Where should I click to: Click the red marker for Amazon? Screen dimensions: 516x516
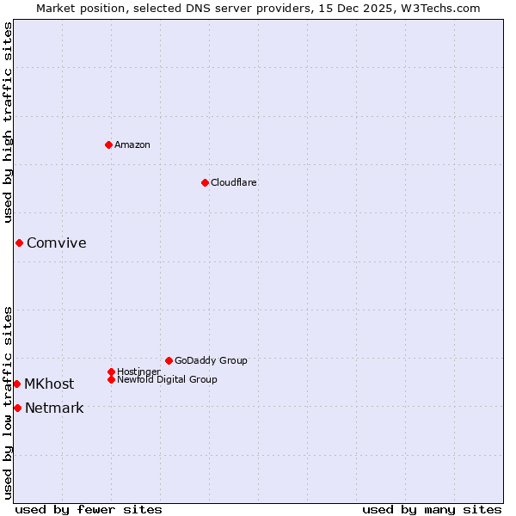(x=108, y=144)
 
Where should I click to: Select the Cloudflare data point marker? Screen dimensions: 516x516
(x=205, y=182)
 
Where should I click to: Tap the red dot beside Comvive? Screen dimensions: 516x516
(x=19, y=243)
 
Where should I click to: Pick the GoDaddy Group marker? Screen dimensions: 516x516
(x=169, y=360)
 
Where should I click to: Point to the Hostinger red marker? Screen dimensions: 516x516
(x=111, y=372)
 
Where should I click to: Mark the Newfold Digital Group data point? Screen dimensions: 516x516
(x=111, y=379)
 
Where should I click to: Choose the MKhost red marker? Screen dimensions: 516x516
(x=16, y=384)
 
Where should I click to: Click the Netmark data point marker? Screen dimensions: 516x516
(x=17, y=408)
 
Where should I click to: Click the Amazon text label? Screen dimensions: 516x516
(x=132, y=144)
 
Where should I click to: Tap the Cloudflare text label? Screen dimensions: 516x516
(x=233, y=182)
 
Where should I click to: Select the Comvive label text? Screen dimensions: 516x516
(x=56, y=243)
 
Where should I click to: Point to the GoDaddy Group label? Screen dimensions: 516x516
(x=211, y=360)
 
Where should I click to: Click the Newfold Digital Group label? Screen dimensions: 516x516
(x=167, y=379)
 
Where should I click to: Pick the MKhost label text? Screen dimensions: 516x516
(x=49, y=384)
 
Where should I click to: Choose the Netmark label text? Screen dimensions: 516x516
(x=54, y=408)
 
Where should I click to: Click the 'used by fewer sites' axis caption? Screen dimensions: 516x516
(x=89, y=509)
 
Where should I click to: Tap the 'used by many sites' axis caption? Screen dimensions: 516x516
(x=432, y=509)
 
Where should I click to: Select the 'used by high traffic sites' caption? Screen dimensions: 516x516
(x=8, y=122)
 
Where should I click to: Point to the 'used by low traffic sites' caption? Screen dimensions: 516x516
(x=8, y=402)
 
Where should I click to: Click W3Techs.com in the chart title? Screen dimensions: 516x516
(x=437, y=8)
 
